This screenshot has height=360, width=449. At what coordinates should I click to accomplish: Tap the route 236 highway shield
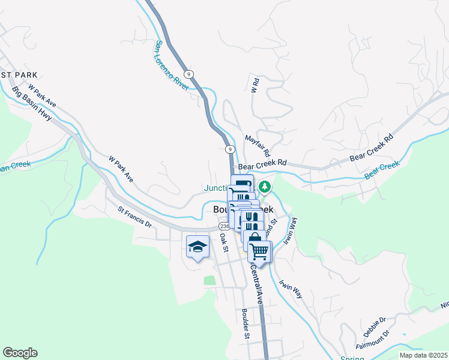pos(223,226)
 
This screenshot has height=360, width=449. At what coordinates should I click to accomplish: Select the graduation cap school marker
pos(197,247)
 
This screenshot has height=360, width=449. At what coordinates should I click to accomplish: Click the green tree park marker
pos(265,187)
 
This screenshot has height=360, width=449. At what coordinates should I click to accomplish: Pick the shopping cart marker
pos(259,251)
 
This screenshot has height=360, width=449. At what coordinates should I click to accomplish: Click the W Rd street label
pos(255,85)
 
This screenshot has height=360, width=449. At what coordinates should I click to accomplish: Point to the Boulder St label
pos(245,323)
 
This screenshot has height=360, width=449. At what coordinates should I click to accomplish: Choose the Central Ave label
pos(255,286)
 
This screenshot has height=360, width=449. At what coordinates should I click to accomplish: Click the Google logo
pos(20,353)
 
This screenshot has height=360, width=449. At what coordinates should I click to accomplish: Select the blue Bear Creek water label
pos(381,170)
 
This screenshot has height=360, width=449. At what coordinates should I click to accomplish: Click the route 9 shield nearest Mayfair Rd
pos(230,148)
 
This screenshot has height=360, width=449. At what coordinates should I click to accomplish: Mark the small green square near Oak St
pos(209,280)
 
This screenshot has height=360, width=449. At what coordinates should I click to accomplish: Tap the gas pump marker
pos(242,185)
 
